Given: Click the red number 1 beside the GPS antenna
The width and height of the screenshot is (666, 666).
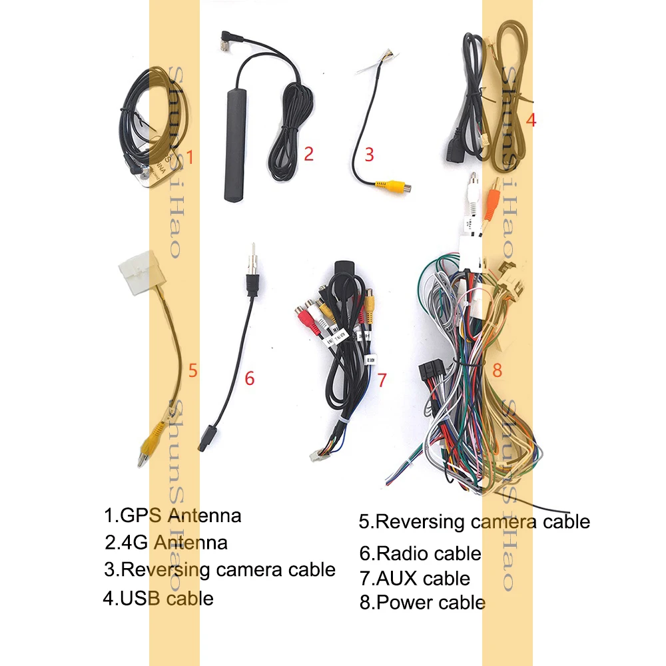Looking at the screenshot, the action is [x=190, y=158].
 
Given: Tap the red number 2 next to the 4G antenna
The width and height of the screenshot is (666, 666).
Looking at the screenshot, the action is [x=308, y=155].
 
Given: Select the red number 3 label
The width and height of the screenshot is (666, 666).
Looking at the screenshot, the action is [x=369, y=155].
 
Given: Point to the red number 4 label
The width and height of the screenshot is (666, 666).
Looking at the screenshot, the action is [x=531, y=121].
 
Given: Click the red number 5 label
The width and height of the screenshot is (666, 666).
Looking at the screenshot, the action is [x=192, y=370].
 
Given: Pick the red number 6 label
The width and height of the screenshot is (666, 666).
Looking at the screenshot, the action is [x=249, y=378].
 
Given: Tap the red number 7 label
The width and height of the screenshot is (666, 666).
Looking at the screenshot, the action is [x=382, y=380].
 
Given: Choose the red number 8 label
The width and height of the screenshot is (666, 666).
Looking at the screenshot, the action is [x=497, y=369].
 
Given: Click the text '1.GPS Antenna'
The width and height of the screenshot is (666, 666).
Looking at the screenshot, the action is [x=172, y=515].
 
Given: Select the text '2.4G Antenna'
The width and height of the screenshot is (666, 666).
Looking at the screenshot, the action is [x=166, y=542].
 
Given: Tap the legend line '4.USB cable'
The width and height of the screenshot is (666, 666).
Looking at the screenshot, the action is [x=158, y=598].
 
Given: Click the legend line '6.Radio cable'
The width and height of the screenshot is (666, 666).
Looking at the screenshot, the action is [x=420, y=553].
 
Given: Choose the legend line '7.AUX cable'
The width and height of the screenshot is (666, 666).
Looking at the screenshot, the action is [x=414, y=578].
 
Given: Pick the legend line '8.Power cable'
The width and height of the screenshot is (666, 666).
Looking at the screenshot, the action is [x=422, y=603].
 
